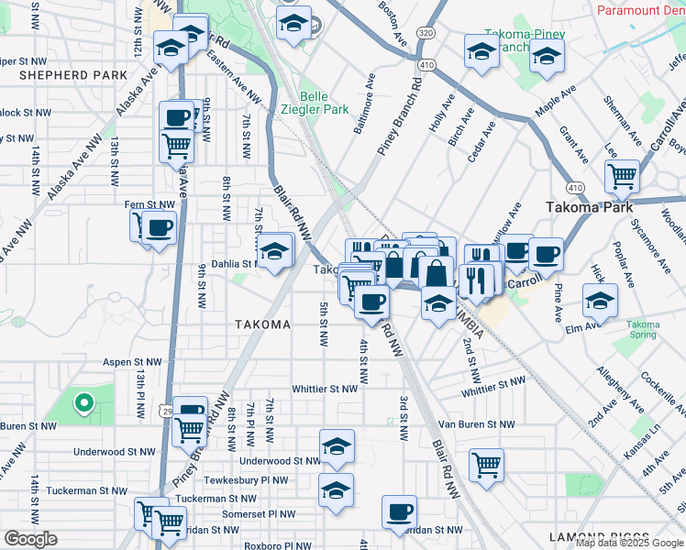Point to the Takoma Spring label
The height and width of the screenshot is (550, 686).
[643, 330]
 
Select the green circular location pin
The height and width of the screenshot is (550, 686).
[83, 401]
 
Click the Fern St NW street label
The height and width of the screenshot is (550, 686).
[149, 204]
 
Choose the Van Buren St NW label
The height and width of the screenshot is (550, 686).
[476, 424]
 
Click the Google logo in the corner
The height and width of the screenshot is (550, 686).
[30, 539]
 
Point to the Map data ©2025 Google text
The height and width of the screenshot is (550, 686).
[629, 543]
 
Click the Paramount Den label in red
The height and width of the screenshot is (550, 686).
[640, 10]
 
